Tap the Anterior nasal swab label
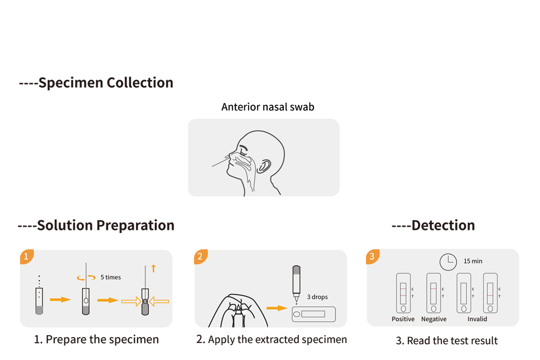point(267,107)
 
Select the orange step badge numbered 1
point(26,257)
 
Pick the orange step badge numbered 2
point(201,257)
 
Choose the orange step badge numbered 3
point(372,256)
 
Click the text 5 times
point(111,277)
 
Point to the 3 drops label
point(318,297)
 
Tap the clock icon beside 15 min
point(448,261)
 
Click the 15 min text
point(473,261)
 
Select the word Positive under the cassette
point(403,319)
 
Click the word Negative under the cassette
point(434,319)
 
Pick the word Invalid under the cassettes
point(477,319)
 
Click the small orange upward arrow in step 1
point(153,269)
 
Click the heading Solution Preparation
point(96,225)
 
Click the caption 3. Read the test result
point(447,341)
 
